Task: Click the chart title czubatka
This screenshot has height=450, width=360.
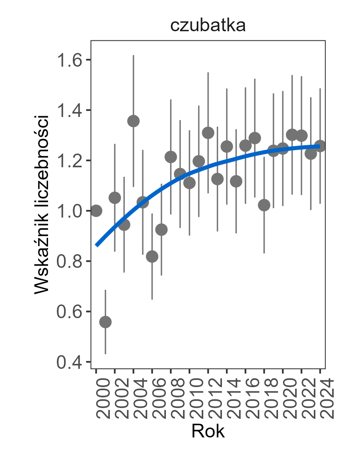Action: click(207, 26)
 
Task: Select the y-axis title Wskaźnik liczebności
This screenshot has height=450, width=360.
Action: click(42, 204)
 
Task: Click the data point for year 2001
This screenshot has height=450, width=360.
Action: click(106, 322)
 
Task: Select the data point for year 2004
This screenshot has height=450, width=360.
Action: click(133, 121)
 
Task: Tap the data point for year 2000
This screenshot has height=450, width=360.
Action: click(96, 211)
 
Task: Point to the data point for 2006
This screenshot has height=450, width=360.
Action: click(152, 256)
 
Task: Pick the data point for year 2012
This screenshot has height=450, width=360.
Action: click(208, 133)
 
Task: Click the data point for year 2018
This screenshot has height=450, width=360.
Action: click(264, 205)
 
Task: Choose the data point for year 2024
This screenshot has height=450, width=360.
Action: click(320, 146)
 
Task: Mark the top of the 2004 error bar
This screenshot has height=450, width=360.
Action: click(133, 56)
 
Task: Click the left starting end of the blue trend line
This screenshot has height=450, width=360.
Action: click(96, 245)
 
